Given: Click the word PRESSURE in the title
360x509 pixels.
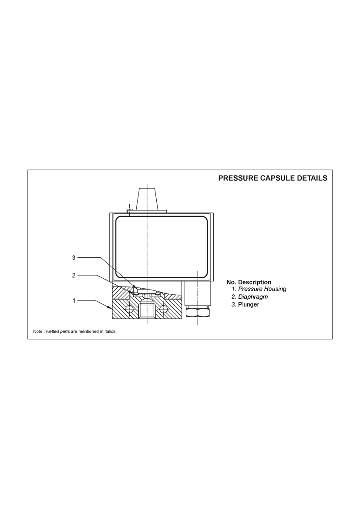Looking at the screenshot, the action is tap(238, 178).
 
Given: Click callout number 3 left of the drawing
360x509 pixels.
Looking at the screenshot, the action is tap(74, 257).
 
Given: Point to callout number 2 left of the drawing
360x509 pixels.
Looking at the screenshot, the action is tap(74, 275).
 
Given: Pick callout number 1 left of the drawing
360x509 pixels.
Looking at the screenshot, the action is tap(74, 300).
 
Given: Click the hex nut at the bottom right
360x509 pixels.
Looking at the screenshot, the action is tap(197, 312).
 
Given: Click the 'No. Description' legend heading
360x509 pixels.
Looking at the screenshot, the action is tap(249, 282).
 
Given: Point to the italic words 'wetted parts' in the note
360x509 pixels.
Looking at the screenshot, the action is tap(58, 332).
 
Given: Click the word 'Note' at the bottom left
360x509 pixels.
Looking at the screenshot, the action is tap(38, 332).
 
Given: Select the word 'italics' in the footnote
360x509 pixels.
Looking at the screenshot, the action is tap(109, 332).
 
